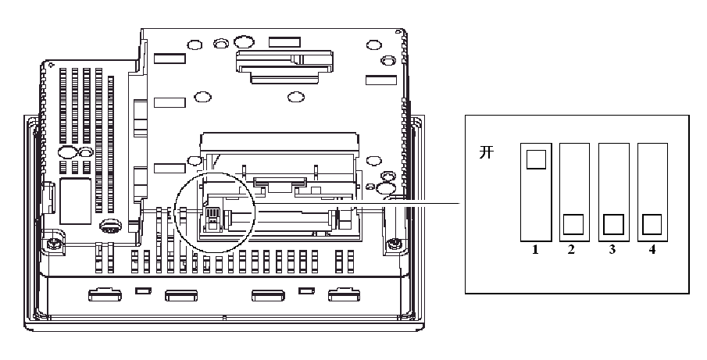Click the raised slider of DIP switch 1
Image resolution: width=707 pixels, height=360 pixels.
[x=535, y=160]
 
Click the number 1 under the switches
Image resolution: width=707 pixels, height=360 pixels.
[x=535, y=251]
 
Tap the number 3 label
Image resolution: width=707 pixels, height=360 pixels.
[x=612, y=251]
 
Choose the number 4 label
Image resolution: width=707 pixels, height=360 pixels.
[x=651, y=251]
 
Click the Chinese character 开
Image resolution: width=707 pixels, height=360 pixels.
[x=485, y=153]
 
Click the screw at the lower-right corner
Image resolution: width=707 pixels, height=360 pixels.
[x=396, y=244]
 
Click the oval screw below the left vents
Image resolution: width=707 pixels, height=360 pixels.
[x=110, y=226]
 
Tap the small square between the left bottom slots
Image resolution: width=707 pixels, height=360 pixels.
[x=142, y=292]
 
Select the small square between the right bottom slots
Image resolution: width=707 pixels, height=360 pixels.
[x=306, y=292]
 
